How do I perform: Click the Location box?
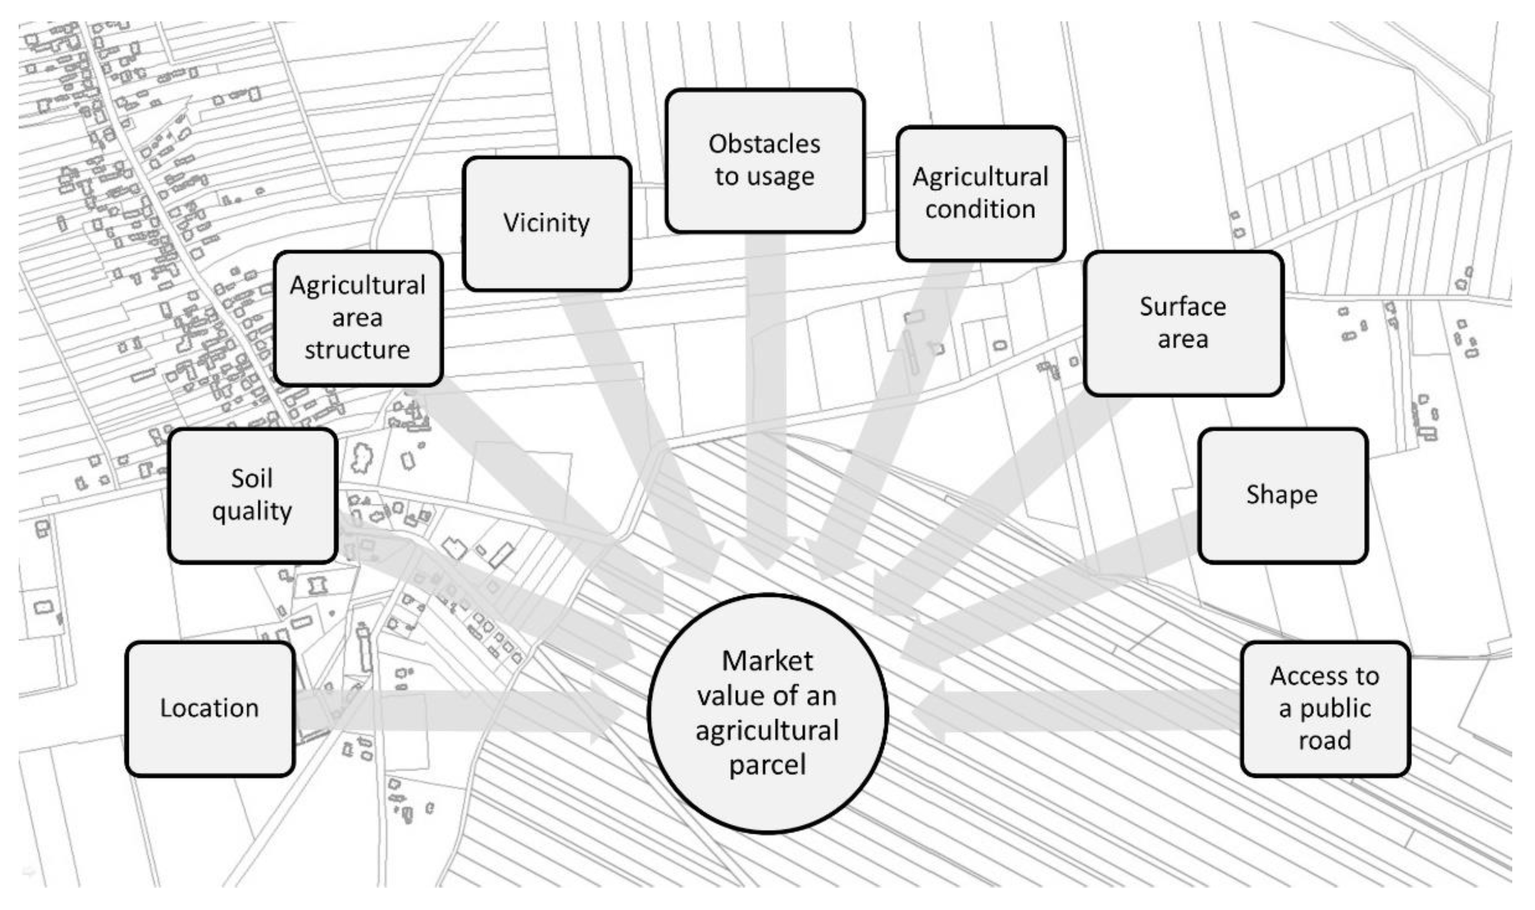(210, 709)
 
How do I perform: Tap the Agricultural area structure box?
(358, 318)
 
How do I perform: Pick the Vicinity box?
(547, 223)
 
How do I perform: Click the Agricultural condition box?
(980, 193)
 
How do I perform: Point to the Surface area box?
(1183, 323)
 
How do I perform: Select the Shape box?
(1282, 495)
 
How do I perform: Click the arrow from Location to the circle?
(454, 711)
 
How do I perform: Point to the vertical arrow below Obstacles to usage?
(766, 393)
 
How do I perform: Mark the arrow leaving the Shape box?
(1055, 589)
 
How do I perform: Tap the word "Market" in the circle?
(767, 661)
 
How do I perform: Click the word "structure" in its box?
(358, 350)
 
